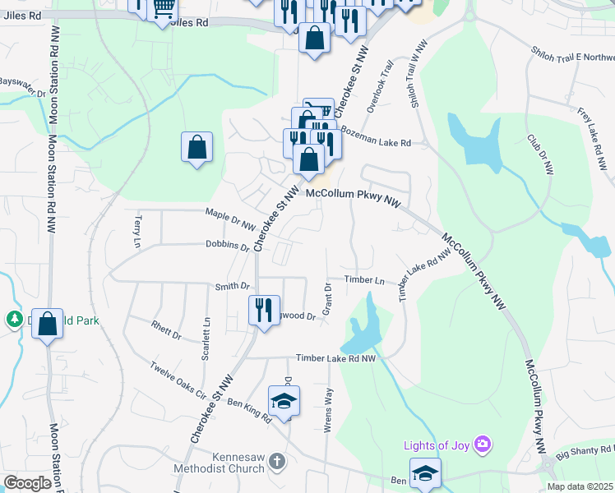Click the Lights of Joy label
click(436, 446)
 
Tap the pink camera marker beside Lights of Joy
click(483, 445)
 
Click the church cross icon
click(277, 462)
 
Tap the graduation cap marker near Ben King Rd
click(284, 401)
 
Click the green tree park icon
click(14, 320)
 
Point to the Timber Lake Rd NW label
click(335, 358)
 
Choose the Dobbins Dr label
click(228, 246)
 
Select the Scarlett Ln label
click(206, 345)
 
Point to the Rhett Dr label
click(166, 330)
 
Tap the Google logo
click(28, 483)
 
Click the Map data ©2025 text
click(580, 486)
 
